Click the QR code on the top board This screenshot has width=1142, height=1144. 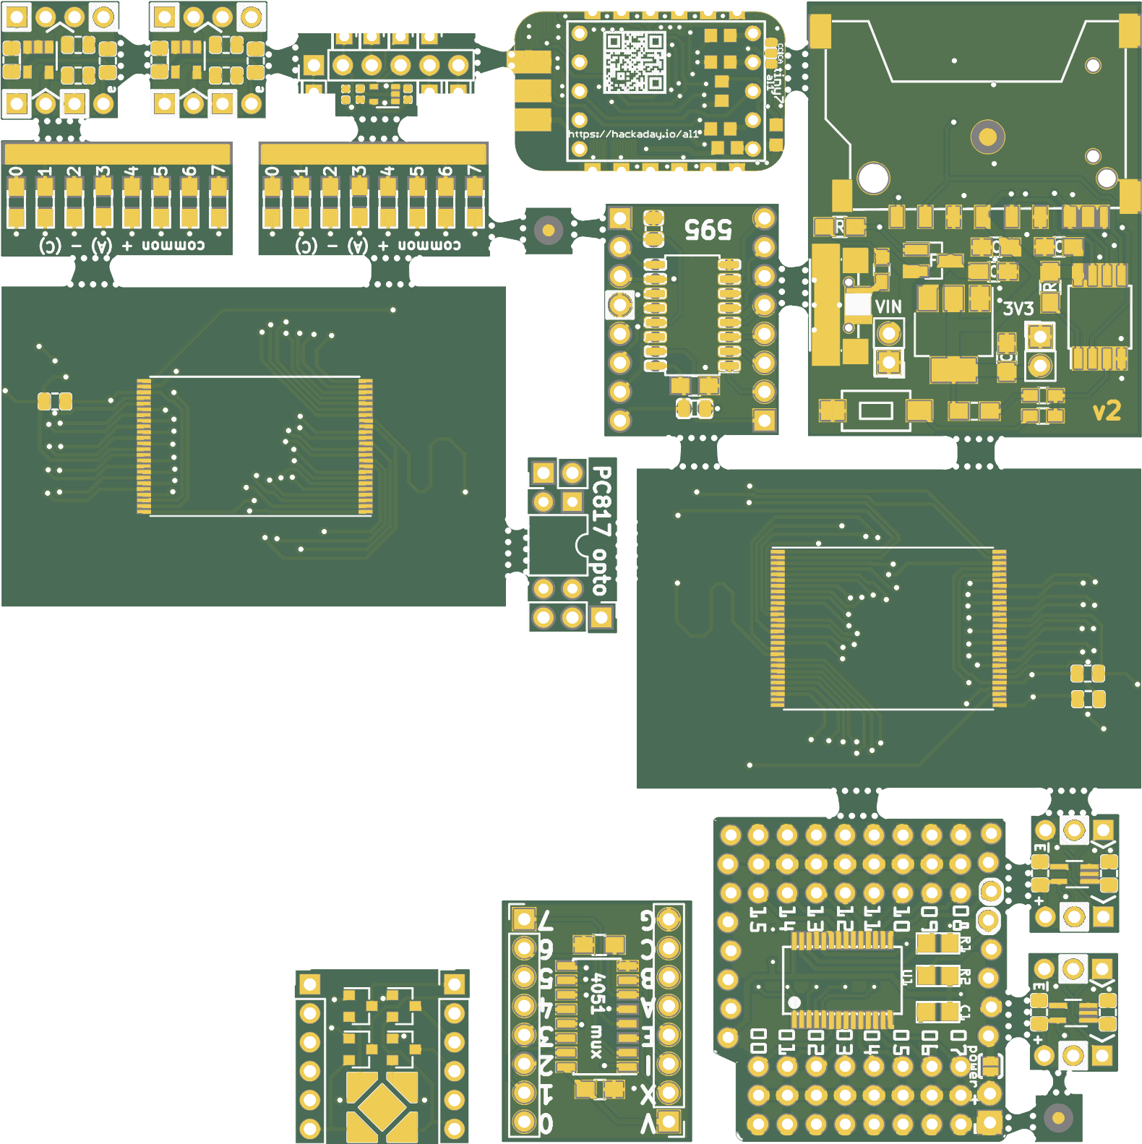[634, 62]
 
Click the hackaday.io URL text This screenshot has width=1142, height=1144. [633, 134]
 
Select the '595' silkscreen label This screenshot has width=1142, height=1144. [708, 230]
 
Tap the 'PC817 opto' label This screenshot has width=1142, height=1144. [601, 531]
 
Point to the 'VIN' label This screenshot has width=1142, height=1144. [888, 307]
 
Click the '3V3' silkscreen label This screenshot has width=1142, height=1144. [1018, 309]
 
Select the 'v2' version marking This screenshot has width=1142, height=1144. [1106, 411]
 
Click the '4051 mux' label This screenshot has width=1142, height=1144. [597, 1015]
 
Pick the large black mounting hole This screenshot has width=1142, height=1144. [873, 178]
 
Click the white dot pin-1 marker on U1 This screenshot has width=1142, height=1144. [794, 1002]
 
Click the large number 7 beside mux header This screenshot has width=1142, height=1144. [546, 921]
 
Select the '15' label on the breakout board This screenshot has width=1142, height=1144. [757, 919]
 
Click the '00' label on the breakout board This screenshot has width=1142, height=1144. [757, 1041]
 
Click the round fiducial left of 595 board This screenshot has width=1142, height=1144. [549, 231]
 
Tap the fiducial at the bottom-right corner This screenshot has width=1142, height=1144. [1058, 1118]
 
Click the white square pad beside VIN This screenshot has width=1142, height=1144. [858, 304]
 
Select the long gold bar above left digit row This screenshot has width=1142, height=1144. [117, 153]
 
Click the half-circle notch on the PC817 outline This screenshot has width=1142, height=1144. [583, 546]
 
